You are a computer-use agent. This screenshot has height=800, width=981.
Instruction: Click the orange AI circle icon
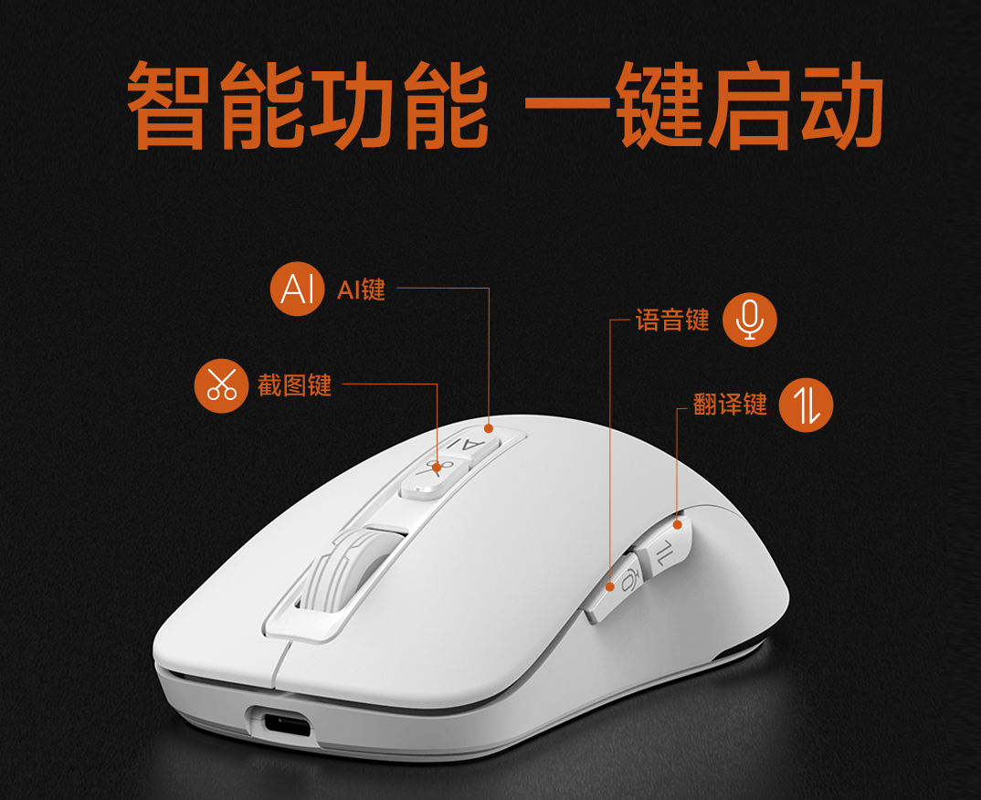point(297,289)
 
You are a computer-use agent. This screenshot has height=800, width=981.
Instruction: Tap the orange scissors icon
point(221,386)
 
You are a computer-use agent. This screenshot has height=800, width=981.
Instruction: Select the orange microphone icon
point(750,319)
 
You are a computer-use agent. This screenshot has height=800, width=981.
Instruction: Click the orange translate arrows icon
point(806,405)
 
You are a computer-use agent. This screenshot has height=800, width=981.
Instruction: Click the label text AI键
point(361,289)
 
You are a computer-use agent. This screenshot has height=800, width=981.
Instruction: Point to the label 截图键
point(294,385)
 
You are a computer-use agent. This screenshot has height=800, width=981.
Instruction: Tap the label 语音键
point(672,320)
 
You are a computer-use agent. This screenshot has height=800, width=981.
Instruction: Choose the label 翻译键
point(730,404)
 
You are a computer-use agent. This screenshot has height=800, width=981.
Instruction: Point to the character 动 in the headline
point(842,104)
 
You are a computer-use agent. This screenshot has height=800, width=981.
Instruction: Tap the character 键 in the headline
point(660,104)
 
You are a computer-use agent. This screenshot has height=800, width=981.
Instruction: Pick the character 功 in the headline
point(353,104)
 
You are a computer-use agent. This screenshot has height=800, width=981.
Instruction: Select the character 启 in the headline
point(752,104)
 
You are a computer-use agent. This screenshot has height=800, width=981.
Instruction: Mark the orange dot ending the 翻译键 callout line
point(677,524)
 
